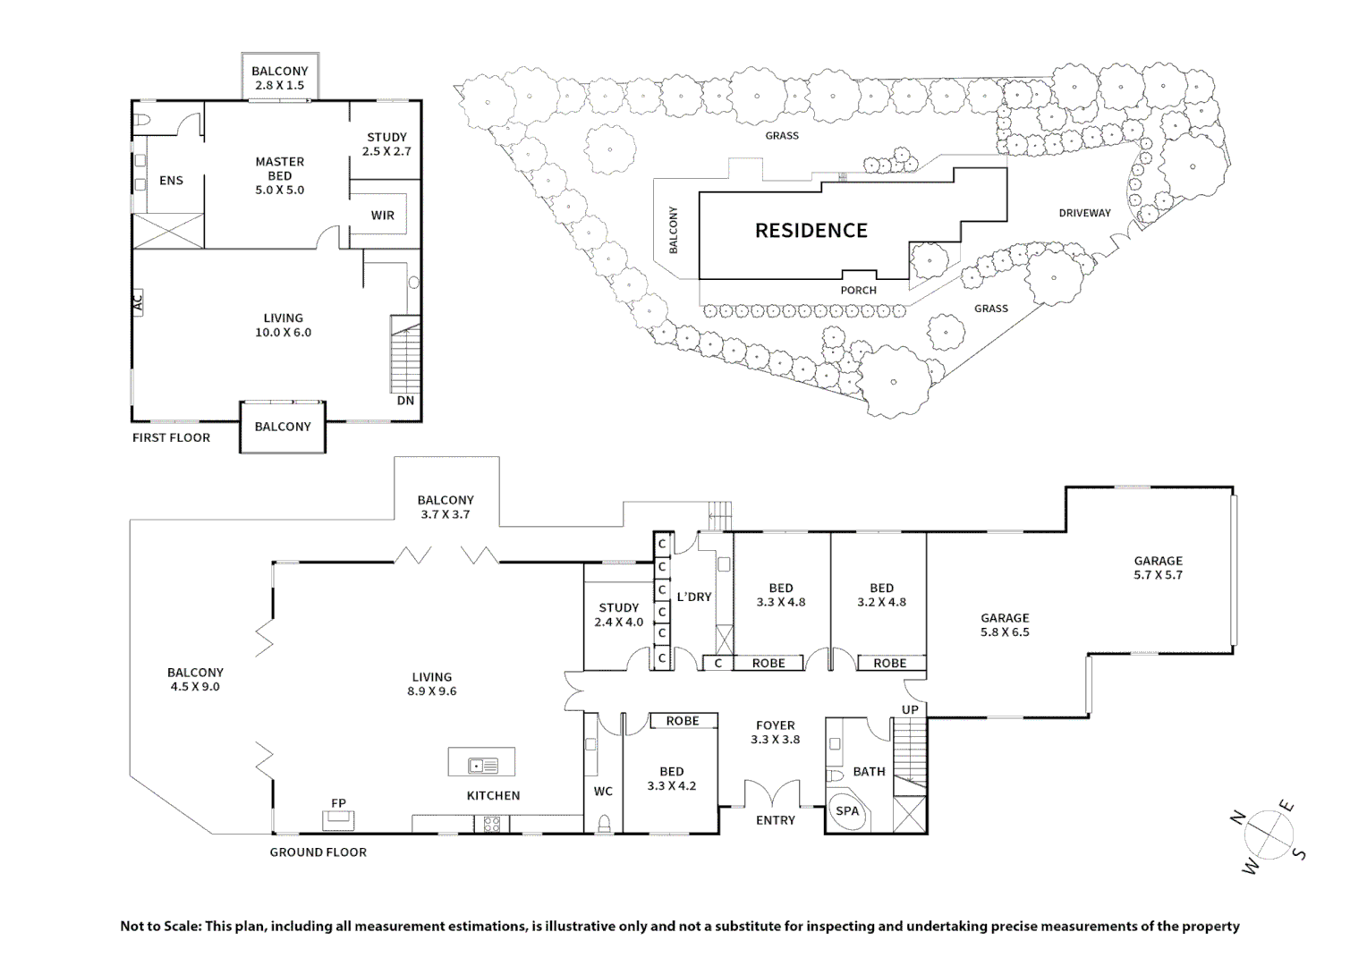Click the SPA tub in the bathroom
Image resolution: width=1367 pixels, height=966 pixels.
[x=847, y=811]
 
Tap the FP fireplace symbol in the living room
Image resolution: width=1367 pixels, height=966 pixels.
[x=338, y=820]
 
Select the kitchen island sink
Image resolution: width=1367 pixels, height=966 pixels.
[x=483, y=766]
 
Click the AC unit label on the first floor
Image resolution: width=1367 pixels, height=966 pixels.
[x=138, y=302]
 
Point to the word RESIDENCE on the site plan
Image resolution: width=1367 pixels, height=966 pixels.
[x=811, y=231]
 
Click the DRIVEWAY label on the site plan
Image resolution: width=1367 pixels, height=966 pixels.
[x=1084, y=213]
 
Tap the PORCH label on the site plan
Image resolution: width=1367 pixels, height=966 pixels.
[x=859, y=291]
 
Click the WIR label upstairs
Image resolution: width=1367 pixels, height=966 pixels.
[x=383, y=216]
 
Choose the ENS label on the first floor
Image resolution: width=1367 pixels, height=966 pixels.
[x=171, y=181]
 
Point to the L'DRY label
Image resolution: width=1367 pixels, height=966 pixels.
[x=694, y=597]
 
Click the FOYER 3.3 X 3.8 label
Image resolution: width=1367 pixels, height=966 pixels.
[x=775, y=733]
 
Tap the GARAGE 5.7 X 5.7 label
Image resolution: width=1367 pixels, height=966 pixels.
[x=1159, y=567]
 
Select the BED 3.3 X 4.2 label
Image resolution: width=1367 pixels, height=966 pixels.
[x=672, y=779]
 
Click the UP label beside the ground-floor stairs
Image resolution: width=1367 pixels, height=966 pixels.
[x=910, y=709]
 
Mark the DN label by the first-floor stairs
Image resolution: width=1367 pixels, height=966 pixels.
[x=406, y=401]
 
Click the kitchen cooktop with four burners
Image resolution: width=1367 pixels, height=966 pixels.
[x=492, y=825]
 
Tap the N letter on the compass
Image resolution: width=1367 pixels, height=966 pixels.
[x=1238, y=818]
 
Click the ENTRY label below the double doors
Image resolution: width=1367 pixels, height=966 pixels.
[x=776, y=820]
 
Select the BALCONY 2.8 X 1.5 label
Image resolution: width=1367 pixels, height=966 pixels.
[x=279, y=78]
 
